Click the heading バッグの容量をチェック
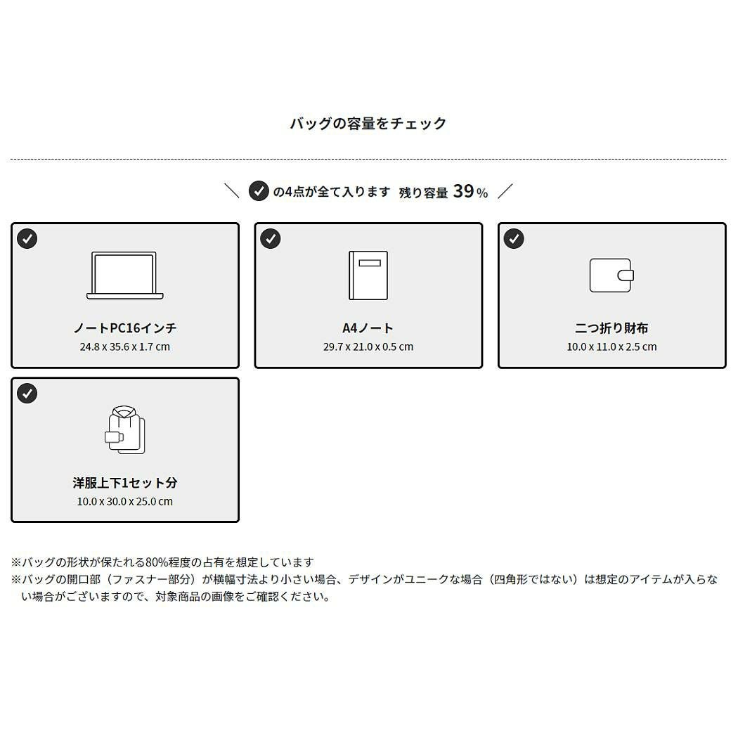pos(368,123)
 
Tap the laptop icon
pos(124,276)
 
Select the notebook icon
pos(368,276)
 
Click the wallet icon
pos(611,276)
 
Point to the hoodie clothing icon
pos(124,430)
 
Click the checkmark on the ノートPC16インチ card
pos(27,239)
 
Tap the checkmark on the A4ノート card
pos(270,239)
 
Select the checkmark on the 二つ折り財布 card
pos(514,239)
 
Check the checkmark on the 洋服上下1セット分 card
pos(27,394)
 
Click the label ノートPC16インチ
pos(124,328)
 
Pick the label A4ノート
pos(368,328)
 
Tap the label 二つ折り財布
pos(611,328)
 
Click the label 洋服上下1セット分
pos(124,483)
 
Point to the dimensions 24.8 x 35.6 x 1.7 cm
pos(124,347)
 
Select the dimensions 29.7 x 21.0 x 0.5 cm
pos(368,347)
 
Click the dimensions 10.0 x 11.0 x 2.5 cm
pos(611,347)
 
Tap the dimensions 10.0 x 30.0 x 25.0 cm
pos(124,502)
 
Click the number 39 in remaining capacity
pos(464,191)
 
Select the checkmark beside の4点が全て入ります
pos(259,191)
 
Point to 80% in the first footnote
pos(157,562)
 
